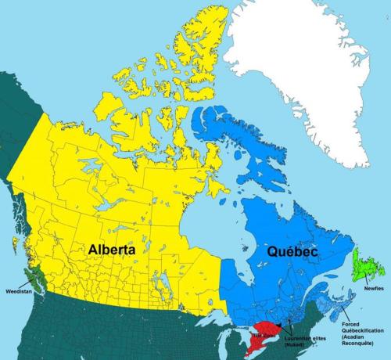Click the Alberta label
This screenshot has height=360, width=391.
[111, 249]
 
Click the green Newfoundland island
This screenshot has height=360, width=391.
[364, 267]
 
